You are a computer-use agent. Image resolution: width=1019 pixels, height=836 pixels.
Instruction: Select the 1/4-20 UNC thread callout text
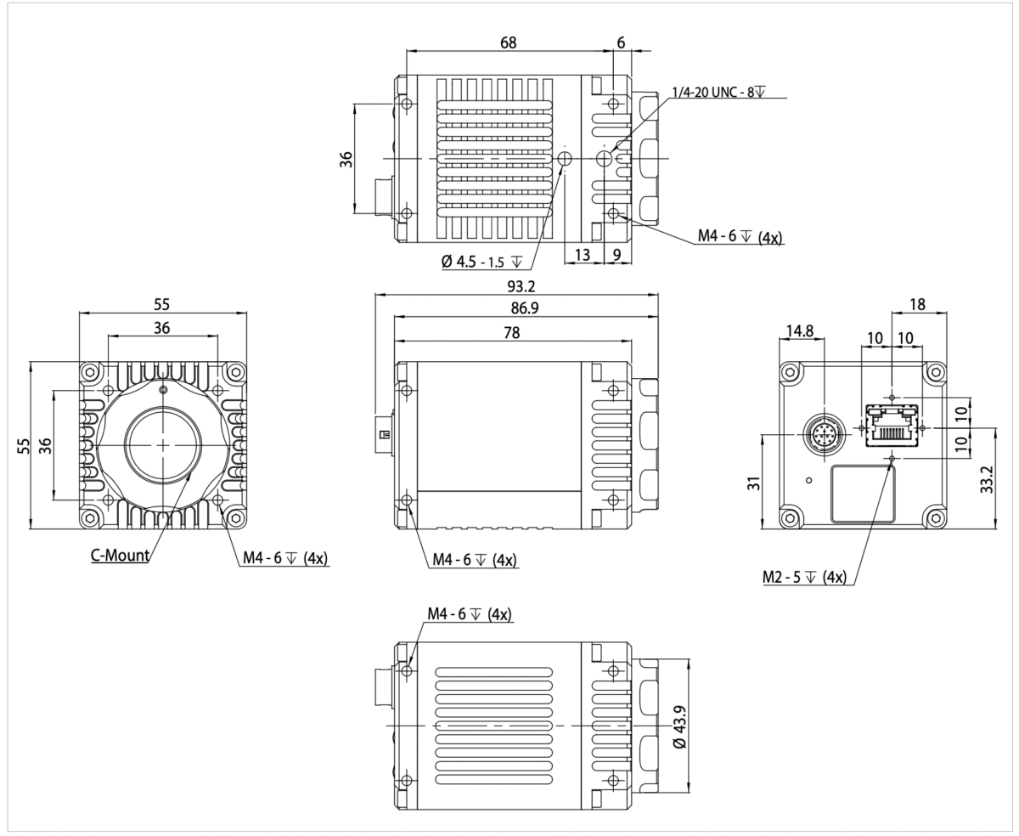(x=718, y=92)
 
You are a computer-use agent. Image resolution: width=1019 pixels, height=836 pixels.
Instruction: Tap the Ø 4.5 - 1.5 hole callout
(x=481, y=262)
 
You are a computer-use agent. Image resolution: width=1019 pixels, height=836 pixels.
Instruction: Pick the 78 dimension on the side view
(x=511, y=333)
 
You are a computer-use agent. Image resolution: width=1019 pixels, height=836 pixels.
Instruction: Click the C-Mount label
(x=120, y=556)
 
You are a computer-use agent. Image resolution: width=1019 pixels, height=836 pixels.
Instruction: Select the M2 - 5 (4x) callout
(x=803, y=578)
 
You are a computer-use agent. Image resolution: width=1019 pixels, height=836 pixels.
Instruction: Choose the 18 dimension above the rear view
(x=918, y=304)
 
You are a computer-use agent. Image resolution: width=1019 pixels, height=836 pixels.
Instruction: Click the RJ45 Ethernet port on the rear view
(x=891, y=424)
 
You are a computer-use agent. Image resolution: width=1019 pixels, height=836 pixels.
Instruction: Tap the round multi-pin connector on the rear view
(x=823, y=435)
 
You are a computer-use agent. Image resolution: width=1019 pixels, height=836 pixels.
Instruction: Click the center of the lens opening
(x=163, y=444)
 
